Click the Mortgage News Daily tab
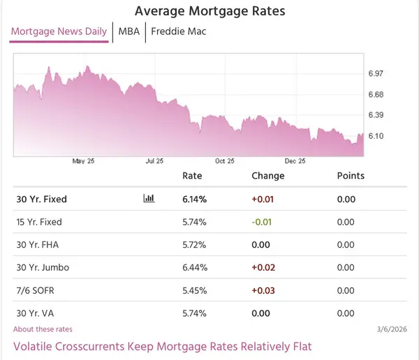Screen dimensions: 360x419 tap(59, 31)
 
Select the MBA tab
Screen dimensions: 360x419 tap(128, 31)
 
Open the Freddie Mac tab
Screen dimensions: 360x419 tap(178, 31)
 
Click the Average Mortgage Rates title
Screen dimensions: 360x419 tap(209, 11)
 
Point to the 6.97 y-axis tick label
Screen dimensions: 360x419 tap(376, 73)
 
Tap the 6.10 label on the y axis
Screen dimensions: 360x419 tap(376, 135)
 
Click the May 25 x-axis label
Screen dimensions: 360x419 tap(83, 161)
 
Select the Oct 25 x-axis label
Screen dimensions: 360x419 tap(225, 161)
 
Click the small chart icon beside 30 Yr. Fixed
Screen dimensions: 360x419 tap(149, 199)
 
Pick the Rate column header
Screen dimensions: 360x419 tap(192, 176)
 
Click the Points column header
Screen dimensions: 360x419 tap(351, 176)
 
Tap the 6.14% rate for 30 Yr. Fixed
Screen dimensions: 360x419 tap(194, 199)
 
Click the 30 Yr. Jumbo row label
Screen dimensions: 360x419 tap(43, 267)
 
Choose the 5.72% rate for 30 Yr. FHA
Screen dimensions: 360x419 tap(194, 245)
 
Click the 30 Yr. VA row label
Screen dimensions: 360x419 tap(36, 313)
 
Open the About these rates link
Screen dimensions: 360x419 tap(43, 329)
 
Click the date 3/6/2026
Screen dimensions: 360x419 tap(391, 329)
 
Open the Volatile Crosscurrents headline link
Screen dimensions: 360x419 tap(162, 346)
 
